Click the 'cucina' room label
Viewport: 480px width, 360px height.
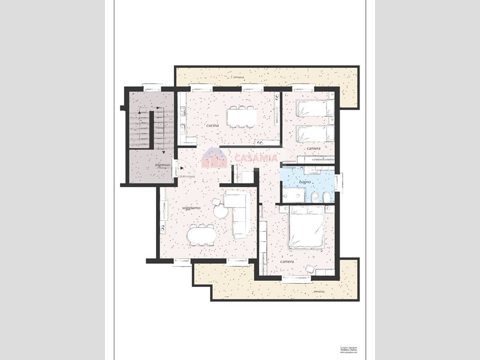pyautogui.click(x=212, y=125)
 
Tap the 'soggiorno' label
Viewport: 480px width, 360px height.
pyautogui.click(x=191, y=208)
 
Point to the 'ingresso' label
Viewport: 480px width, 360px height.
pyautogui.click(x=163, y=164)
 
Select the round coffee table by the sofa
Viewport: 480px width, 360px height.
pyautogui.click(x=221, y=211)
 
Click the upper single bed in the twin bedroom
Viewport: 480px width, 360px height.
pyautogui.click(x=314, y=108)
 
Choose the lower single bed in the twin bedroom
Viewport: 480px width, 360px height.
pyautogui.click(x=314, y=133)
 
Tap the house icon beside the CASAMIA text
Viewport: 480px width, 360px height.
pyautogui.click(x=214, y=158)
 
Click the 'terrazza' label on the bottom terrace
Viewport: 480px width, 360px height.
pyautogui.click(x=319, y=292)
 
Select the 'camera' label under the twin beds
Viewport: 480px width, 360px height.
pyautogui.click(x=313, y=148)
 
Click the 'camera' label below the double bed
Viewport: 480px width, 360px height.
pyautogui.click(x=288, y=262)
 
